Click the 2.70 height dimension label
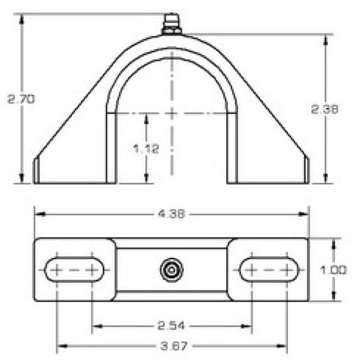21,99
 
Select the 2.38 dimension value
325,109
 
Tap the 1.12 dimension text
146,149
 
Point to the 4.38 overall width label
172,214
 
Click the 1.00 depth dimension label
334,270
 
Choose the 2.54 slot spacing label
171,326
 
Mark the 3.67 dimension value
174,346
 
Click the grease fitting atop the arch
172,24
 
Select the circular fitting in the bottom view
172,270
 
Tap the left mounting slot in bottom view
74,270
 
